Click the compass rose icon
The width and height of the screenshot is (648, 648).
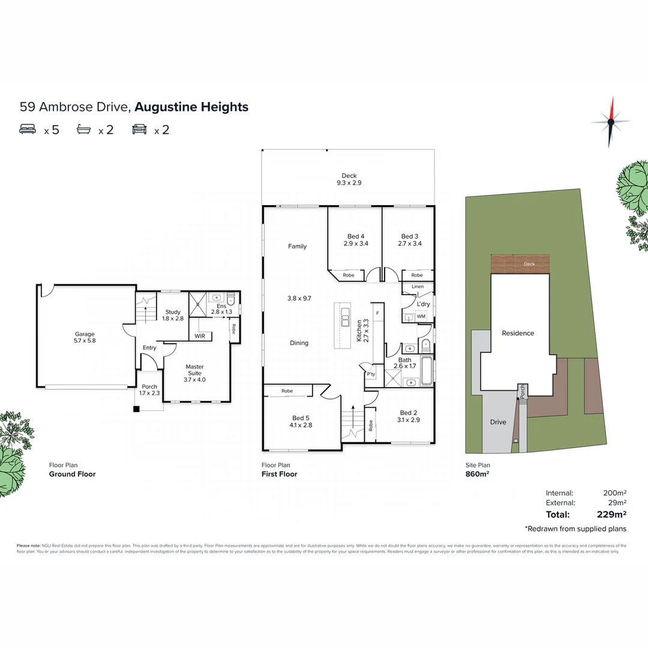[x=611, y=121]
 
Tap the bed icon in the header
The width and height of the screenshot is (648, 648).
[x=28, y=129]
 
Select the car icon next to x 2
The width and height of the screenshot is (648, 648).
[x=139, y=129]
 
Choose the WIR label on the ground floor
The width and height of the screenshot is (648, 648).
[x=200, y=336]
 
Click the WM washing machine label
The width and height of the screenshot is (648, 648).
[x=421, y=316]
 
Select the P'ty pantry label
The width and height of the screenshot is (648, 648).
[x=371, y=374]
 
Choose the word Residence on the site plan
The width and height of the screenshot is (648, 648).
[x=518, y=334]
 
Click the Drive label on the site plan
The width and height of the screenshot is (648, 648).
[x=498, y=422]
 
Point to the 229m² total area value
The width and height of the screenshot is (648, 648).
[x=612, y=514]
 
